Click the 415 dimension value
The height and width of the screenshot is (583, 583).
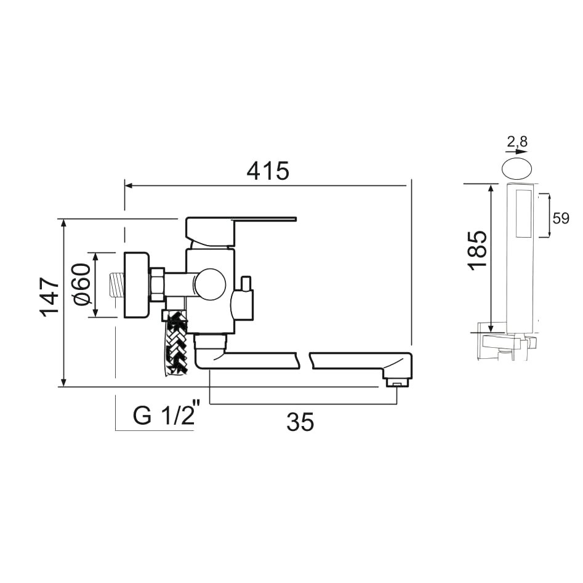[x=268, y=171]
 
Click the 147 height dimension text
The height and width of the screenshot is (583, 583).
[x=50, y=297]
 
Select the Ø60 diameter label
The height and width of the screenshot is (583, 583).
[x=81, y=284]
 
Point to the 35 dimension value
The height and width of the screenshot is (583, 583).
[x=300, y=422]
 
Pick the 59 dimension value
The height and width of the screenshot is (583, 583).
[x=561, y=219]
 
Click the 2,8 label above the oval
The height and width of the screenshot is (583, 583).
[x=517, y=142]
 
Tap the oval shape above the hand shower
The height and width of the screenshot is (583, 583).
[x=517, y=169]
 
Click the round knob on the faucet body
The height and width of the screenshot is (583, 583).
[x=209, y=284]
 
